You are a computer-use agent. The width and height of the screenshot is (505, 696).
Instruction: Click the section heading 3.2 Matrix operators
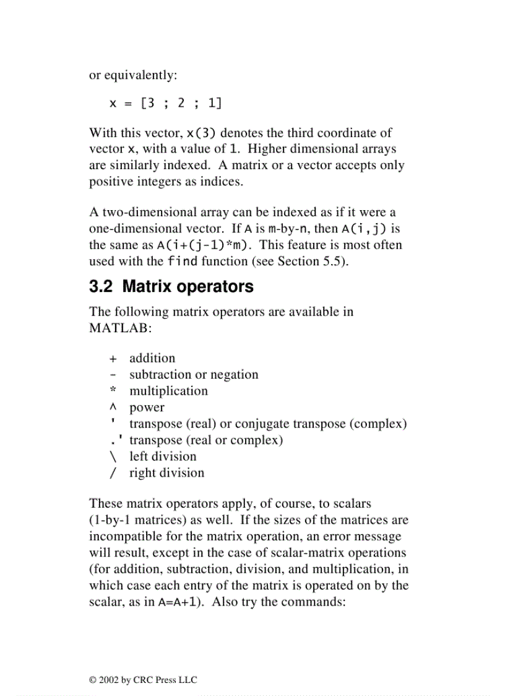click(171, 287)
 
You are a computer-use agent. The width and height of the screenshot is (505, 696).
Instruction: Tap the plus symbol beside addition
click(113, 358)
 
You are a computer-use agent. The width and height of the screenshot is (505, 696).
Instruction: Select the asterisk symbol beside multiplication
click(113, 390)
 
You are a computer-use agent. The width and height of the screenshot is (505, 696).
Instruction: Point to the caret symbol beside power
click(113, 408)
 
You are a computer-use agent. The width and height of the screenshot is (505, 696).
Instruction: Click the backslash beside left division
click(113, 457)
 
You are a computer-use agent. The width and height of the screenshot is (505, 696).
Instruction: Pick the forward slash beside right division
click(113, 473)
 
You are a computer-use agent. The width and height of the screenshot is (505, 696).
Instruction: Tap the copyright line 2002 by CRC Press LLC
click(143, 680)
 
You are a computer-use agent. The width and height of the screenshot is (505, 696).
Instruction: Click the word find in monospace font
click(183, 261)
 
